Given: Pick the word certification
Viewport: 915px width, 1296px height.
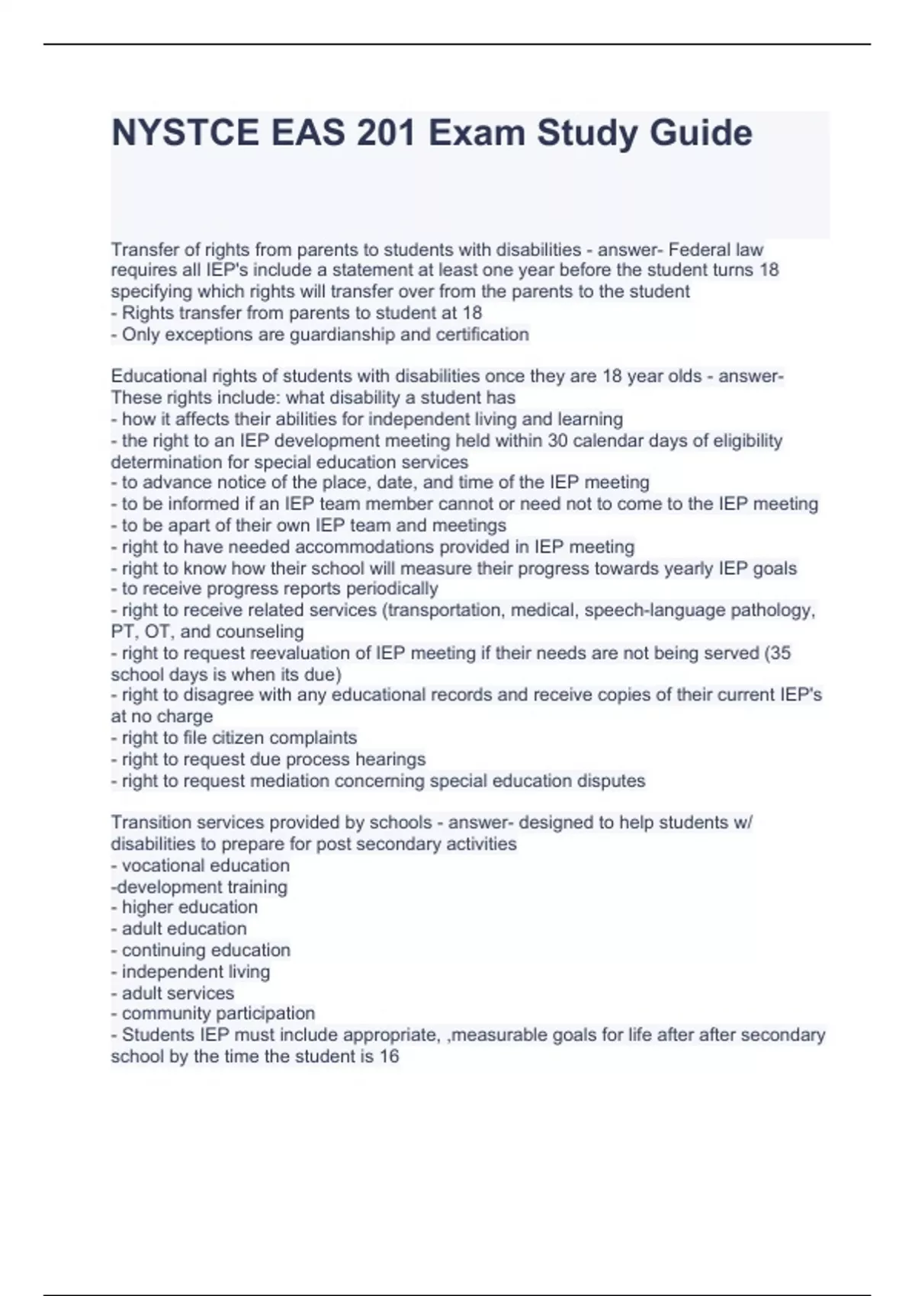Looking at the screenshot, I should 482,334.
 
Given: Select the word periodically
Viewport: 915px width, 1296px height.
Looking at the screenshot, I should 392,589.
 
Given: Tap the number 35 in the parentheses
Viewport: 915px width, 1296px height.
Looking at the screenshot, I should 781,653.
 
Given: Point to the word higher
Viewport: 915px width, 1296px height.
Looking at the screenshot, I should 146,907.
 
